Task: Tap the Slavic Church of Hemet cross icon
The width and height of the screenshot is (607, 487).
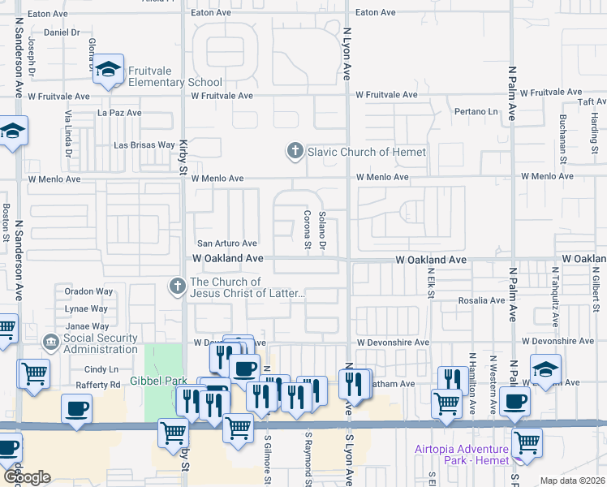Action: point(295,151)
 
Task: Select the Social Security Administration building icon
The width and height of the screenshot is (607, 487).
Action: point(51,343)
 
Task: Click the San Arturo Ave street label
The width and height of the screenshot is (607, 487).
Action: point(227,243)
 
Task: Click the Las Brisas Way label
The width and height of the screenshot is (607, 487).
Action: point(144,145)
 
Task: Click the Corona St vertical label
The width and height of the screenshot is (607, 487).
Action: point(308,230)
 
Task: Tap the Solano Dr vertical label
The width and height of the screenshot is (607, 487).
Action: point(322,230)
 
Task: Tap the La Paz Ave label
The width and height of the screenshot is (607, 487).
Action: point(120,113)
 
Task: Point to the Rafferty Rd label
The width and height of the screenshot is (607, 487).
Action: point(98,385)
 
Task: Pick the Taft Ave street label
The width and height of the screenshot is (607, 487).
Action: point(586,101)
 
